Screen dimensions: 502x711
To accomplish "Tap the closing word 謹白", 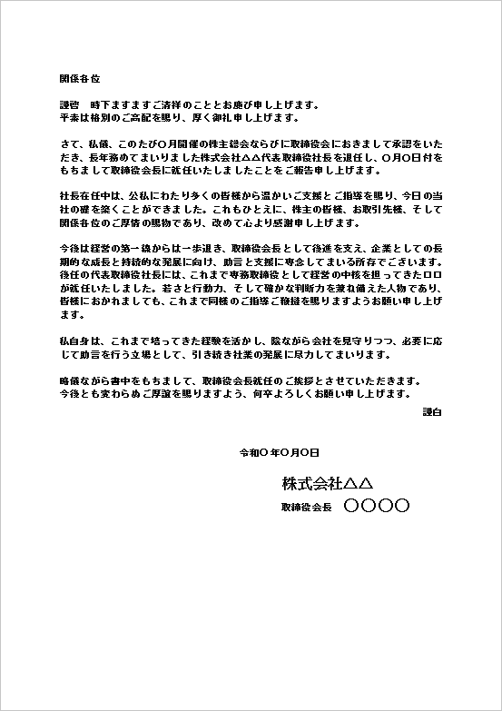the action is (x=431, y=412).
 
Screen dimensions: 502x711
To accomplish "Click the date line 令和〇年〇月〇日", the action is (x=279, y=452).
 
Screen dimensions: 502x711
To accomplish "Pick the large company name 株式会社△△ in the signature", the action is (x=328, y=481).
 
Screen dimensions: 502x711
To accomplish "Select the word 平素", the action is (x=69, y=117).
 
